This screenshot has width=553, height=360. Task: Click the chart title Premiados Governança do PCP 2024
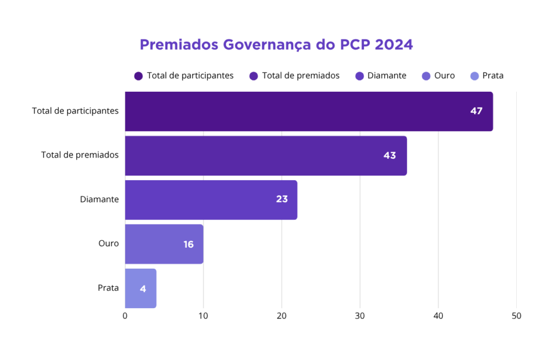(276, 44)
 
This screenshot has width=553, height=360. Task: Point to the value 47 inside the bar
(476, 111)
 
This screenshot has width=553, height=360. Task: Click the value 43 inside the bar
(389, 155)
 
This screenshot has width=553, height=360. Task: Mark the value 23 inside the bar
(281, 199)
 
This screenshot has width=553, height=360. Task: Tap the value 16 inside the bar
(188, 244)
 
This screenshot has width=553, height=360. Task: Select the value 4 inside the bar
(143, 289)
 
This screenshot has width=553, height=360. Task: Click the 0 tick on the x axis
(125, 316)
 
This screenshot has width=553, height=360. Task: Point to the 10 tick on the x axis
(204, 316)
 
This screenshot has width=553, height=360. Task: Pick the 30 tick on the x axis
(360, 316)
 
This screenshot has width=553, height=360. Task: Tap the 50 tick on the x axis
(516, 316)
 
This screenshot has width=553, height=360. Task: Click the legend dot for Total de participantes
(139, 76)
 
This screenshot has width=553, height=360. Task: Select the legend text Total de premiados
(301, 76)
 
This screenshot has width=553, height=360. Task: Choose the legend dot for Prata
(474, 76)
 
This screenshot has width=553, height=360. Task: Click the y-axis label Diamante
(99, 200)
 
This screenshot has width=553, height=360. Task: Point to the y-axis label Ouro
(109, 244)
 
